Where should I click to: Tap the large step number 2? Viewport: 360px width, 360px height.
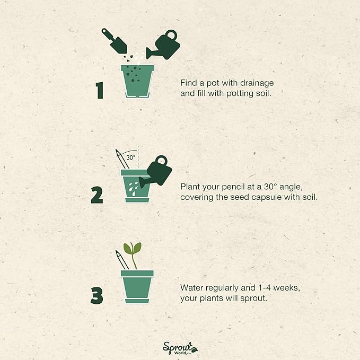point(96,195)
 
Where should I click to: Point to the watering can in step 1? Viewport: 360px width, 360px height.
point(163,46)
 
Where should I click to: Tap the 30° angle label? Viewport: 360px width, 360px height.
point(131,157)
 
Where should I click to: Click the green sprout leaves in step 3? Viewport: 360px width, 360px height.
point(132,248)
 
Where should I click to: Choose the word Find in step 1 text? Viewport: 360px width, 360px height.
point(188,84)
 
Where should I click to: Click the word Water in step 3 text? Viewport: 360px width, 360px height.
point(191,288)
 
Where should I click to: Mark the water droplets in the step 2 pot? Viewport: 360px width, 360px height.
point(132,185)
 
